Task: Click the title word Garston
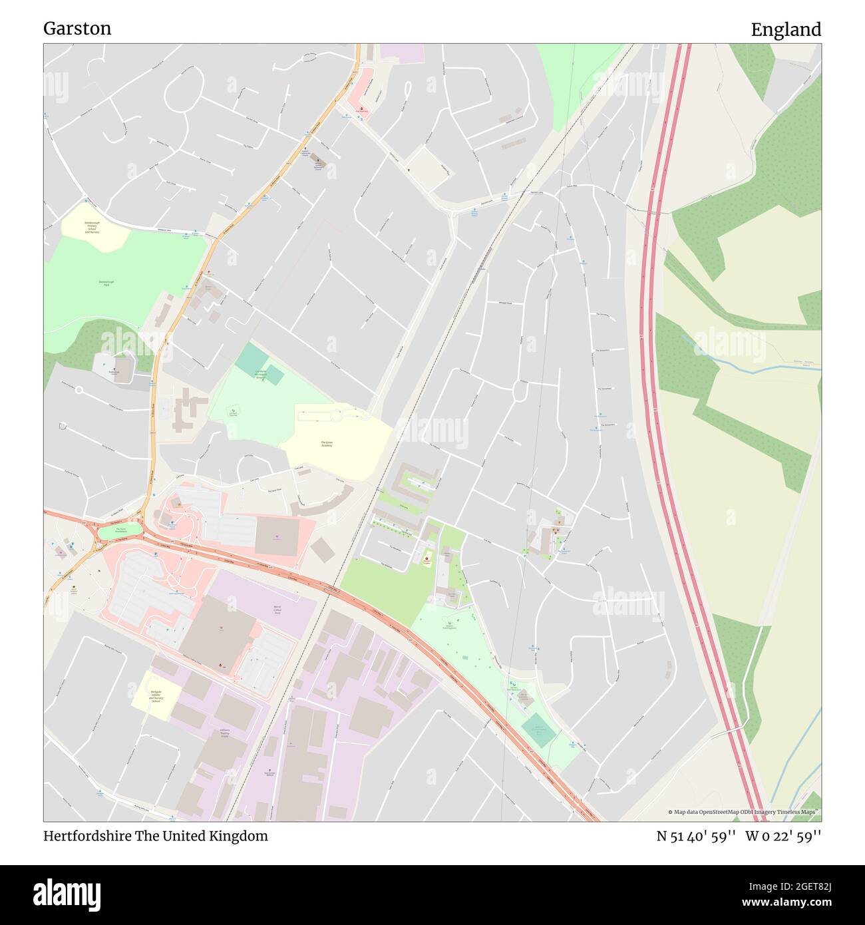[77, 29]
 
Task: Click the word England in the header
[786, 30]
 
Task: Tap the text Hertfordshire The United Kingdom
[156, 836]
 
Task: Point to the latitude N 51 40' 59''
[695, 836]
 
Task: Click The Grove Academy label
[326, 444]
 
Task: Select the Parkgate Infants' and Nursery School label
[156, 696]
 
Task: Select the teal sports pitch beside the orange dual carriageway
[538, 730]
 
